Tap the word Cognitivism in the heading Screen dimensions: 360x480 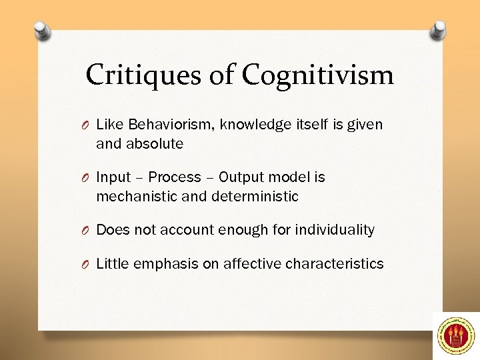pos(318,75)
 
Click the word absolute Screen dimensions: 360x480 pos(158,143)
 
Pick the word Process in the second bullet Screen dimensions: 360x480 pos(174,177)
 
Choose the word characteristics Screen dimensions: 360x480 pos(334,264)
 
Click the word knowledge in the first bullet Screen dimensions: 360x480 pos(255,125)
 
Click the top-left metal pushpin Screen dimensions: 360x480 pos(43,31)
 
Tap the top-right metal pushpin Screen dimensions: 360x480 pos(438,29)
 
